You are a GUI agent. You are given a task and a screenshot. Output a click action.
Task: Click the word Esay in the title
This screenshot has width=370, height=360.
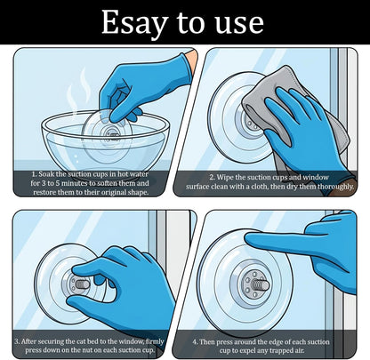point(135,23)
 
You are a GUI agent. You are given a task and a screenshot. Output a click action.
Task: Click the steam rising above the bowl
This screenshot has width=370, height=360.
point(78,89)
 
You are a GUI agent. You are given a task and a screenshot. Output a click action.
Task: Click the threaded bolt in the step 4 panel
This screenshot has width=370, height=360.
point(261,285)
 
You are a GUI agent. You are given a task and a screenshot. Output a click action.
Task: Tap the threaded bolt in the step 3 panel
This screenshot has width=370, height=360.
point(82,284)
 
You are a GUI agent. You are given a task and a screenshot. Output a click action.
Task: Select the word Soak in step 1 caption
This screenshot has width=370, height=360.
point(46,174)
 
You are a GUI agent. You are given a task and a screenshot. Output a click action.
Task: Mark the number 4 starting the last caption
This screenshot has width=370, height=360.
point(195,342)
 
